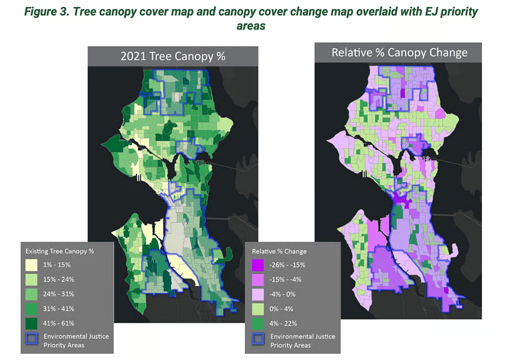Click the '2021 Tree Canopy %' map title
click(x=173, y=56)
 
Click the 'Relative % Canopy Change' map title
click(x=399, y=52)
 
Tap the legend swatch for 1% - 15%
click(x=32, y=264)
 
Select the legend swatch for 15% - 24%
click(x=32, y=279)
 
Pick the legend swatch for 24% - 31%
click(x=32, y=294)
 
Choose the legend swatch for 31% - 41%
click(x=32, y=309)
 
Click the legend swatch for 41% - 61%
click(x=32, y=323)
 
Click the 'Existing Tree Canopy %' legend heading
click(x=60, y=251)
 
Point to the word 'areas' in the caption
click(x=251, y=25)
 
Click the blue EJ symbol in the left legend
click(x=32, y=340)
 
